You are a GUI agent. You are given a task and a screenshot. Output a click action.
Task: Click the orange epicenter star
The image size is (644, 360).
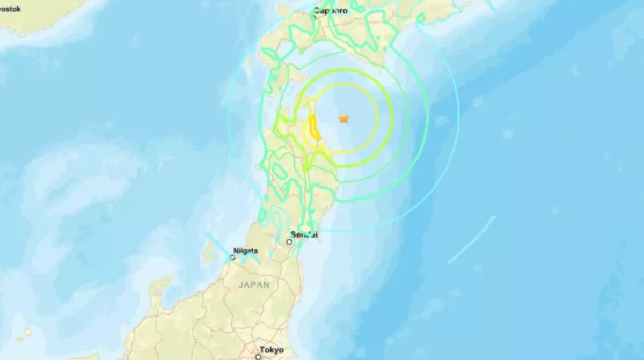point(343,119)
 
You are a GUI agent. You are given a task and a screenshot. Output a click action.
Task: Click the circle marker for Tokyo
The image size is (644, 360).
point(258,356)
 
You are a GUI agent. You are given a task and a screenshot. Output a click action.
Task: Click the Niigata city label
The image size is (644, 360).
point(245,251)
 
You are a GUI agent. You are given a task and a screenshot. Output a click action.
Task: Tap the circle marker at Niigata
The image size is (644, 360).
point(232,258)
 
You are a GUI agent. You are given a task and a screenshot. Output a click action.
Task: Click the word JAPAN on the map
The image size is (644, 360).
point(254,285)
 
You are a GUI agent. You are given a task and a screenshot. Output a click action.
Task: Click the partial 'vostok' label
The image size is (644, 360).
point(11,9)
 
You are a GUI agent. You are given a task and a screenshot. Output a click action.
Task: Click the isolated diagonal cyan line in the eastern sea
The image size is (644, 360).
point(471,240)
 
